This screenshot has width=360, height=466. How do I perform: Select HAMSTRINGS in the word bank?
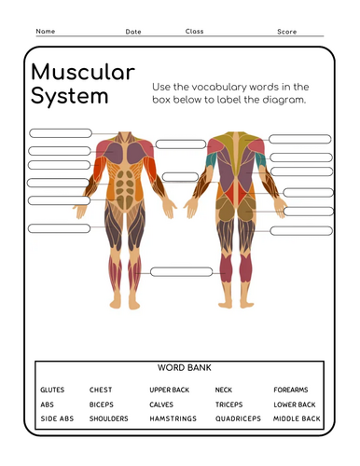[x=173, y=419]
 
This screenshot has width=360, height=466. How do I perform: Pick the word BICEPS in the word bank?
[x=101, y=404]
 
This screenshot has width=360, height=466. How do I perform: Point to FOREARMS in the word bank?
[x=291, y=390]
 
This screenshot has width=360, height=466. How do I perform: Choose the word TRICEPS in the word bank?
[x=229, y=404]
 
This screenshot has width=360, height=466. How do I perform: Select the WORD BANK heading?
[x=180, y=369]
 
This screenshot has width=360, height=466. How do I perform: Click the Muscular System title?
[x=82, y=84]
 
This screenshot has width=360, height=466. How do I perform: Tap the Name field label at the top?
[x=46, y=32]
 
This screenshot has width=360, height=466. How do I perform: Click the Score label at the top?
[x=286, y=32]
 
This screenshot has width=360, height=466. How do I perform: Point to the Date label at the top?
[x=133, y=32]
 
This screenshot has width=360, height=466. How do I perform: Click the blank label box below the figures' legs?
[x=181, y=272]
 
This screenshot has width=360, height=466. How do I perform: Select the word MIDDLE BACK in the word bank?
[x=297, y=419]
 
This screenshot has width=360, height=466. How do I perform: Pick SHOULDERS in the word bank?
[x=109, y=419]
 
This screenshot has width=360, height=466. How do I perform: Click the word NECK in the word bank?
[x=224, y=390]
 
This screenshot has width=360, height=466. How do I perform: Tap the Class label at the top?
[x=194, y=32]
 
